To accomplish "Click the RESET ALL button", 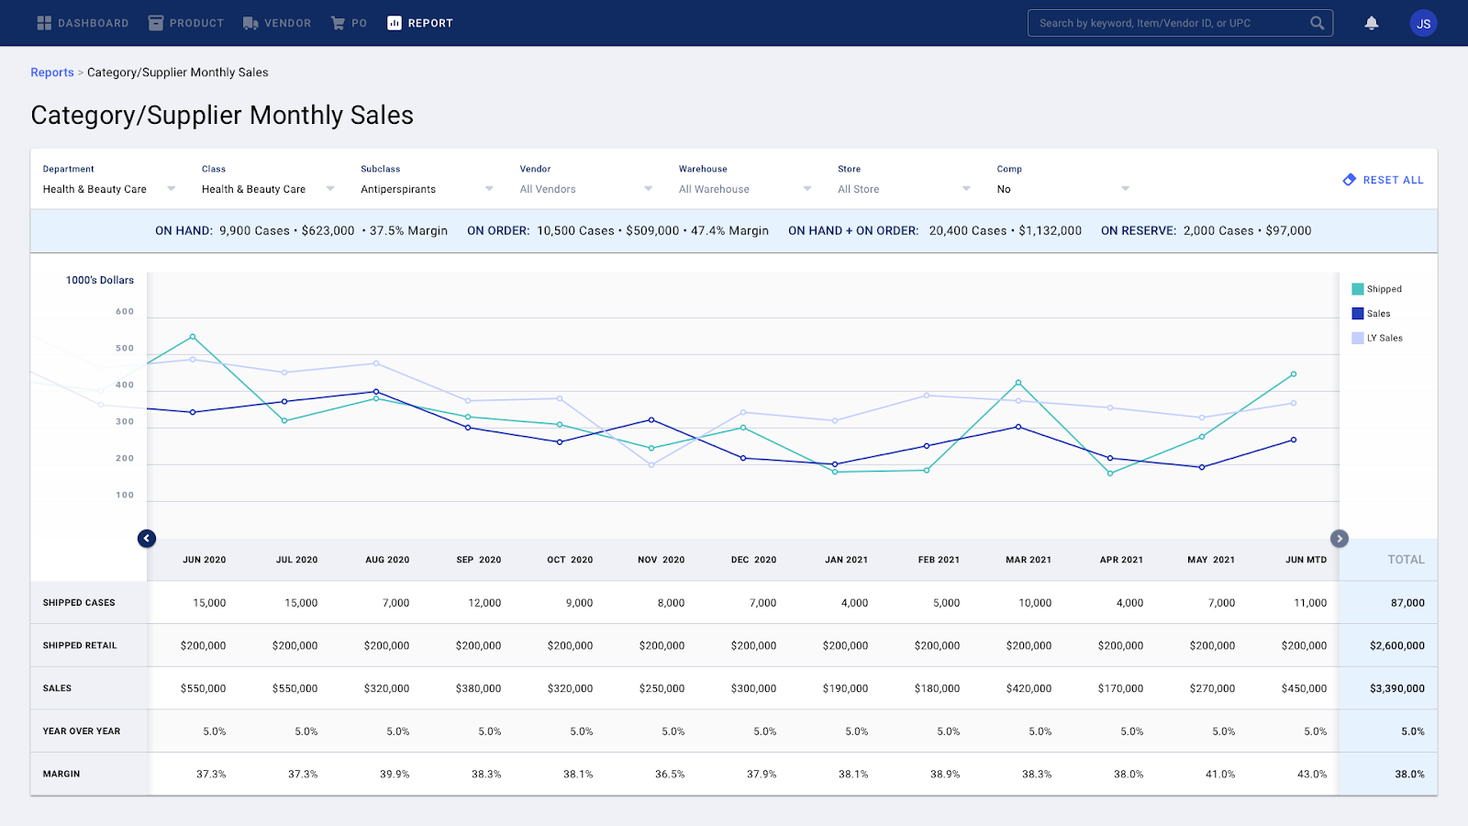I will [1384, 180].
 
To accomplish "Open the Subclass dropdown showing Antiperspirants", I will [427, 189].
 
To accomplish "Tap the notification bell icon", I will [1372, 23].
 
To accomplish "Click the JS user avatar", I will [1423, 24].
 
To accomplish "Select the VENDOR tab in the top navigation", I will [277, 23].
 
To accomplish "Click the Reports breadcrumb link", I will [52, 73].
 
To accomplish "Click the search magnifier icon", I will [1318, 23].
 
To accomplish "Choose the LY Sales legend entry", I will [1377, 338].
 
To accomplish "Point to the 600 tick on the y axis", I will [125, 312].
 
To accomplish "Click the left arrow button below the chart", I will [147, 539].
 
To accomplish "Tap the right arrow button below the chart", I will [1340, 539].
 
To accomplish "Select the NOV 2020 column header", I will [661, 560].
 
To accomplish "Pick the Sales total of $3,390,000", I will [1396, 688].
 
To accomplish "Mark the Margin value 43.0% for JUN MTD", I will [1312, 775].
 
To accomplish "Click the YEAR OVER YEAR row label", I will [82, 731].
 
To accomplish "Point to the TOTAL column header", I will [1406, 560].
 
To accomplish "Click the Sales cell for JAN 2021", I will [845, 688].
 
